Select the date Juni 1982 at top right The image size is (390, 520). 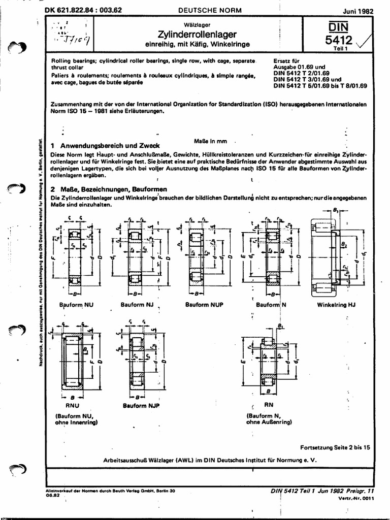point(352,11)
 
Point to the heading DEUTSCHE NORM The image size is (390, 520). point(203,10)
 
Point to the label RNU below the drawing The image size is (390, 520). point(73,406)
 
